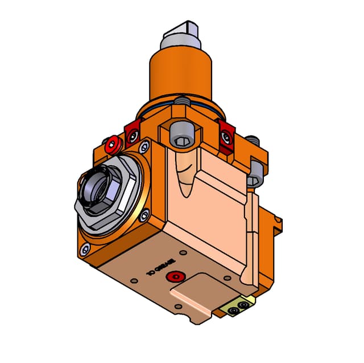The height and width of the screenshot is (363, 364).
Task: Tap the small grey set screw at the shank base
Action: point(181,102)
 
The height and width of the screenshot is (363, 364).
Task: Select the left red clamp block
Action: point(132,134)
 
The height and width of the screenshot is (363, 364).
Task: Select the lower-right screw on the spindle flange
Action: point(144,215)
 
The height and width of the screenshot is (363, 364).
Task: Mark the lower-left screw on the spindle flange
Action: point(86,248)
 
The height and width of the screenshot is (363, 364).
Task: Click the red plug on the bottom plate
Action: point(175,278)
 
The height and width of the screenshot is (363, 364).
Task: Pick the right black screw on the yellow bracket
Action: point(245,305)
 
